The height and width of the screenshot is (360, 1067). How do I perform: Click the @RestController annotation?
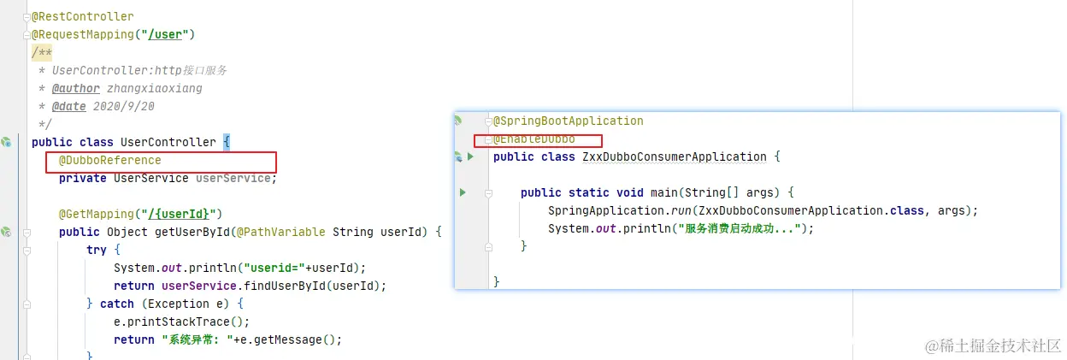tap(83, 16)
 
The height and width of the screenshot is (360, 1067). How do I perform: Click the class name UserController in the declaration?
tap(168, 142)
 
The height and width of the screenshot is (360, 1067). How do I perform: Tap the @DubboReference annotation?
tap(109, 160)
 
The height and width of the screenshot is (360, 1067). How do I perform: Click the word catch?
tap(117, 304)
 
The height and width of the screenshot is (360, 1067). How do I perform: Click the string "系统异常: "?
tap(196, 339)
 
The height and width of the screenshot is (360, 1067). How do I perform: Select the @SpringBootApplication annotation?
tap(569, 121)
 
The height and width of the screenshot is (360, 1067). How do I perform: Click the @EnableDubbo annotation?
tap(534, 139)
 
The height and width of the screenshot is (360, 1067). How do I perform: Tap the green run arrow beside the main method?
tap(463, 192)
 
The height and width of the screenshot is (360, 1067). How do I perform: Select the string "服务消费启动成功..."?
tap(740, 228)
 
